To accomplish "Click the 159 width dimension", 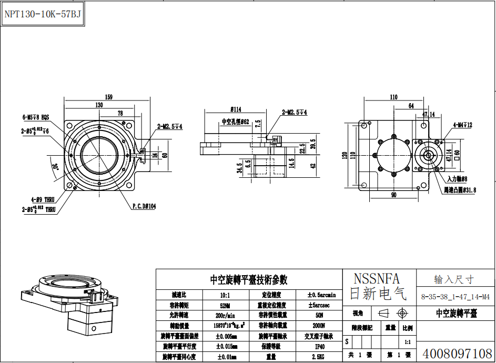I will coord(109,97).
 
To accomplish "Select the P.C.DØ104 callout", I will coord(144,206).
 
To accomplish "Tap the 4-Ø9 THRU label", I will coord(42,199).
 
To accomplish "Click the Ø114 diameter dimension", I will coord(236,109).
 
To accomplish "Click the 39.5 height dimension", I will coord(313,144).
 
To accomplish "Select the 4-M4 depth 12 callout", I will coord(463,125).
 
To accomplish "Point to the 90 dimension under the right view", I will coord(393,195).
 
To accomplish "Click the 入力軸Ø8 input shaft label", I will coord(457,179).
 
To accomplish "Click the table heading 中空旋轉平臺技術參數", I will coord(249,280).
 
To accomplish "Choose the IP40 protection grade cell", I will coord(319,347).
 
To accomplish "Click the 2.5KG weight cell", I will coord(319,357).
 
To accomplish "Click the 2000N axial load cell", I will coord(319,326).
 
